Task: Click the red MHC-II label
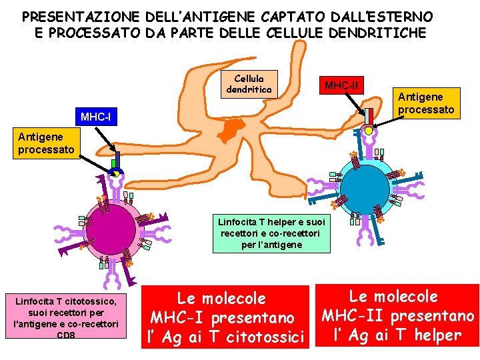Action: pyautogui.click(x=341, y=85)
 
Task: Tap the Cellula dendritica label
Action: pyautogui.click(x=249, y=83)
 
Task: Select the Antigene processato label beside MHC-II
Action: pyautogui.click(x=426, y=103)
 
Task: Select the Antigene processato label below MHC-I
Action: pyautogui.click(x=46, y=144)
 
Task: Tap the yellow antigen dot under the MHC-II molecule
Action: pyautogui.click(x=369, y=131)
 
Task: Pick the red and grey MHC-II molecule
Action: pyautogui.click(x=367, y=119)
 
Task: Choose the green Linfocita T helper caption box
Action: pyautogui.click(x=271, y=233)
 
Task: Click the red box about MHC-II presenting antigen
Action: pyautogui.click(x=399, y=316)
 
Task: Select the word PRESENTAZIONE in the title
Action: pyautogui.click(x=69, y=16)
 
